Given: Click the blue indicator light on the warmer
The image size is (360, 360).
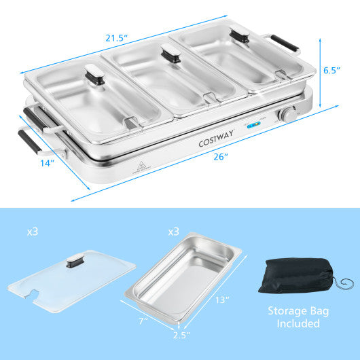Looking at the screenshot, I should click(253, 126).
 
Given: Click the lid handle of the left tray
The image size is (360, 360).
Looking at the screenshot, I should click(93, 74).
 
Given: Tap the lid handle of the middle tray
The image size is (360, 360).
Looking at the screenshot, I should click(170, 54).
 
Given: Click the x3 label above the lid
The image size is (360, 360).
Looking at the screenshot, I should click(33, 232).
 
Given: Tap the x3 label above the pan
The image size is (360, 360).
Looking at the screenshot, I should click(175, 232).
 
